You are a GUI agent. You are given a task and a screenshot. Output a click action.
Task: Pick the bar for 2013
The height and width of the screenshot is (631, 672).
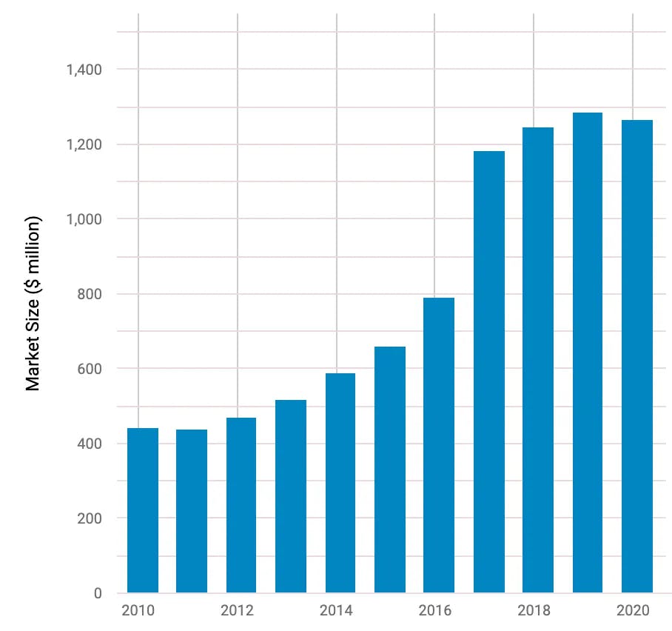coord(291,496)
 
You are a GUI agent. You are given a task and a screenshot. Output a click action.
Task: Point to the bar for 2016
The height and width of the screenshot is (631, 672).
coord(439,445)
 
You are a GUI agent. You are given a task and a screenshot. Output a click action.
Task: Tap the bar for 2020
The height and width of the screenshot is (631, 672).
coord(637,356)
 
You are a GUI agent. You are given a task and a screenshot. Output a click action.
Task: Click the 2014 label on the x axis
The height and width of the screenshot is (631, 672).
coord(336,611)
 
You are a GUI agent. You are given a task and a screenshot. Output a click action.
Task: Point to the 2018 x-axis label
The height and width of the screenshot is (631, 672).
coord(534,611)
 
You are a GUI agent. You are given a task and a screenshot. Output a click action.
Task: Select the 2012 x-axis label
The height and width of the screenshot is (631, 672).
coord(237,611)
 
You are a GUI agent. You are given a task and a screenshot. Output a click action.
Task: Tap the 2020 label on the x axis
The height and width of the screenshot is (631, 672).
coord(632,611)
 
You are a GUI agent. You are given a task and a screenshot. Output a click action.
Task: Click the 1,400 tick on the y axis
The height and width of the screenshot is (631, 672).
coord(84,70)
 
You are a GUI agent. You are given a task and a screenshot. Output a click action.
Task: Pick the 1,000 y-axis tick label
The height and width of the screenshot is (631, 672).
coord(84,219)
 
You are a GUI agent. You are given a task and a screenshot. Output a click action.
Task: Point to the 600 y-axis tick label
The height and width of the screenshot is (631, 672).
coord(90,369)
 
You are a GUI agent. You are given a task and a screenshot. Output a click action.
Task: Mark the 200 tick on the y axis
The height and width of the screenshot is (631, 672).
coord(90,518)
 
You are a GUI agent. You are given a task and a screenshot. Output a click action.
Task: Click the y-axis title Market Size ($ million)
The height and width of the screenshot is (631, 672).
coord(33,304)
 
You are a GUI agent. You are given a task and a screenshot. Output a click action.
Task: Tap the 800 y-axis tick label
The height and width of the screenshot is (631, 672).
coord(90,294)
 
